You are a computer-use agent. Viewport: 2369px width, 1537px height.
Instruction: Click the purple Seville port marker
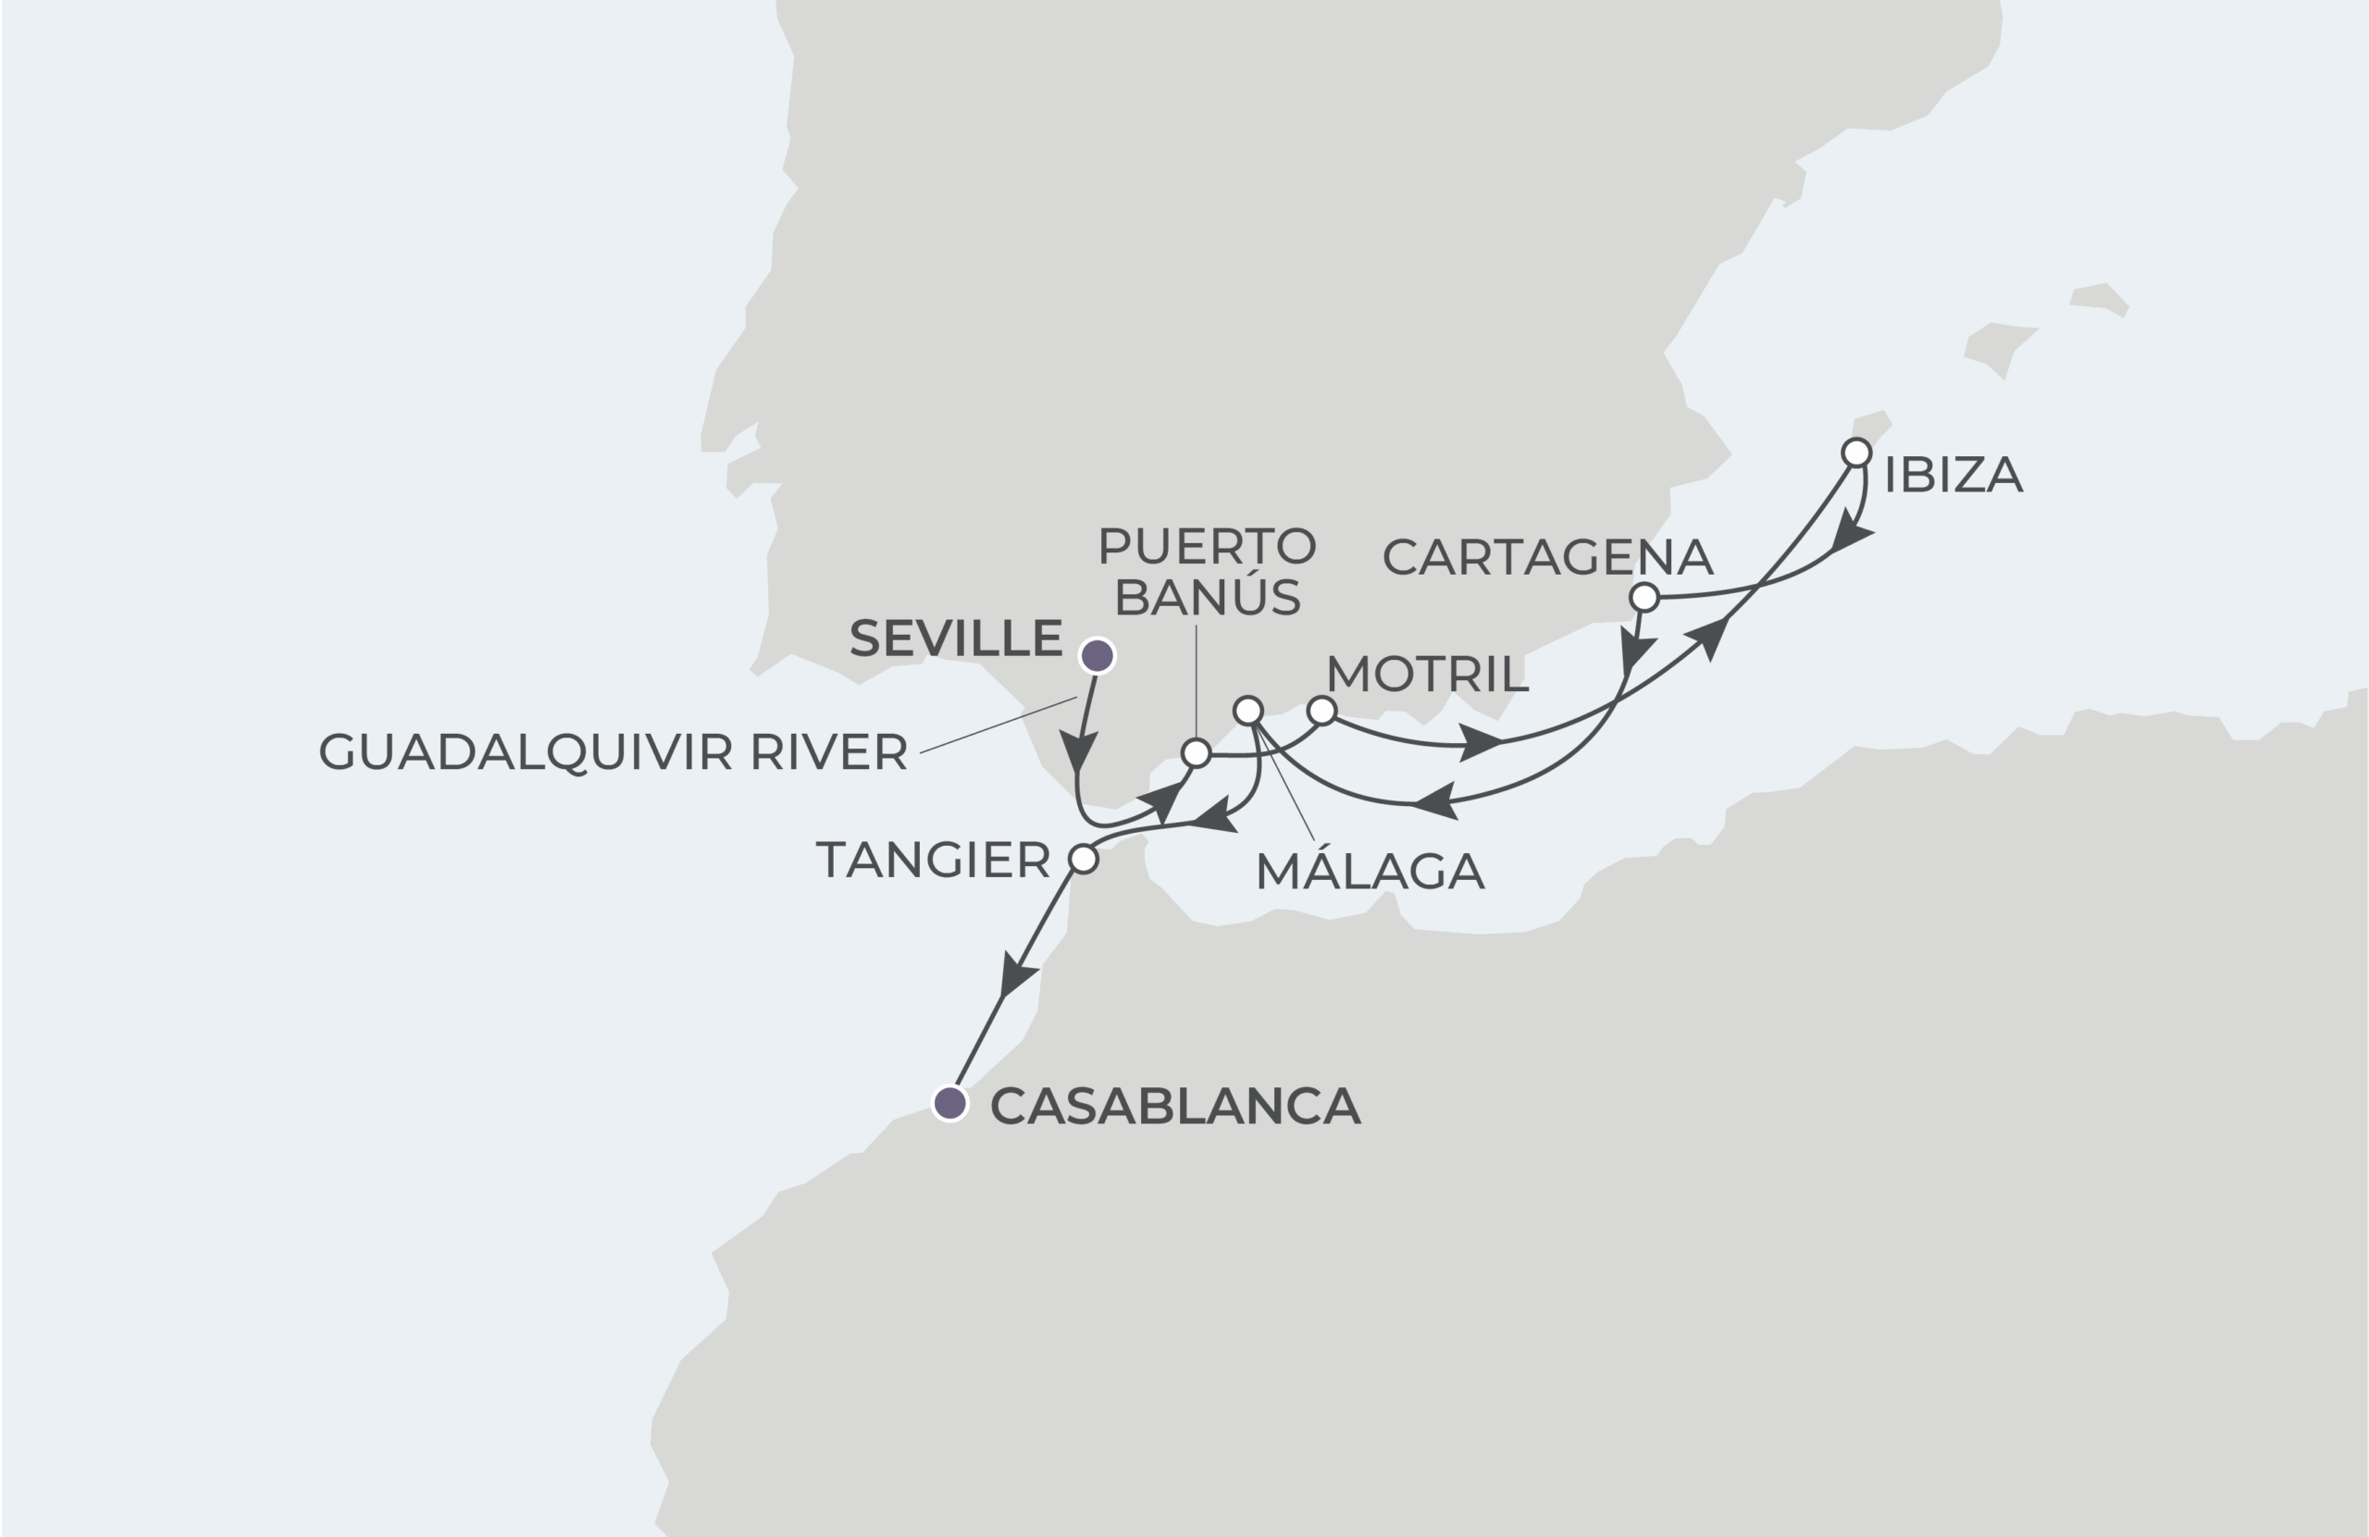click(x=1097, y=656)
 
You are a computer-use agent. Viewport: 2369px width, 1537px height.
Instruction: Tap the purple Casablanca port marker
click(x=950, y=1103)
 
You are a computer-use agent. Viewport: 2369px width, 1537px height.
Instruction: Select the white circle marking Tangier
click(x=1083, y=858)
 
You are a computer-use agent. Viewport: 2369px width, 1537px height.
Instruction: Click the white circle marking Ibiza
click(x=1856, y=452)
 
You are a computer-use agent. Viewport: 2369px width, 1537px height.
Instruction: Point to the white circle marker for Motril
click(x=1321, y=711)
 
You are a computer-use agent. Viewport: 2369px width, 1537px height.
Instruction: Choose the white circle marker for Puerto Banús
click(x=1196, y=753)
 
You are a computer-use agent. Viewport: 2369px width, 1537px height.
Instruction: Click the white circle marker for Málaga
click(x=1248, y=711)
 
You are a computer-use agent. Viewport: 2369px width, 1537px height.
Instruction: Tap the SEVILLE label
click(x=956, y=638)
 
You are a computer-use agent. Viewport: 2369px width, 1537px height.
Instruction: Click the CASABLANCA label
click(x=1174, y=1106)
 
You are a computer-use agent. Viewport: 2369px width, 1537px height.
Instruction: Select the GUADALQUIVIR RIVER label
click(x=613, y=751)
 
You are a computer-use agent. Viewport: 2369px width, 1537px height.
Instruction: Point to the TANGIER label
click(x=933, y=860)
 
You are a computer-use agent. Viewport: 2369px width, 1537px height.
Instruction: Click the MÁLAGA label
click(x=1370, y=872)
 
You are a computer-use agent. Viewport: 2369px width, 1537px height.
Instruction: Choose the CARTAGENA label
click(x=1547, y=557)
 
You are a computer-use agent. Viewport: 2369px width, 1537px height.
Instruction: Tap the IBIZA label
click(x=1953, y=475)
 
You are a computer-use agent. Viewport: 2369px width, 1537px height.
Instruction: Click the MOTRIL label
click(x=1426, y=675)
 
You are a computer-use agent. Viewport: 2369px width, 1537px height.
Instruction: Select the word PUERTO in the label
click(x=1207, y=546)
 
